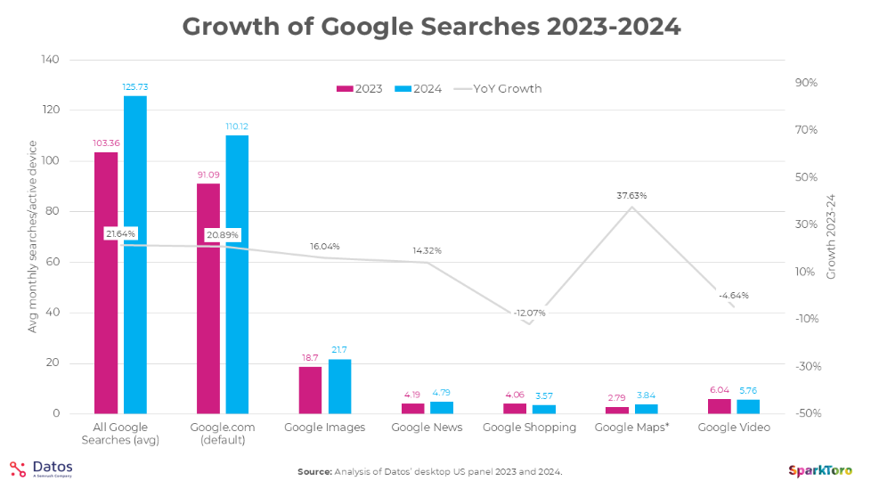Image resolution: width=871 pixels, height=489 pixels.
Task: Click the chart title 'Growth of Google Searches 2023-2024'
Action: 431,27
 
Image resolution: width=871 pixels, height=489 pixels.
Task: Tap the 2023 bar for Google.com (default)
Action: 208,298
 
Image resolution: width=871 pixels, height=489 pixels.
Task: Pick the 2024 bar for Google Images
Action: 339,387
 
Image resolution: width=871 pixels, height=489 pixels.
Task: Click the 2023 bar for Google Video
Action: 719,406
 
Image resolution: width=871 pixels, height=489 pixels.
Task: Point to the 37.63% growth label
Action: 631,195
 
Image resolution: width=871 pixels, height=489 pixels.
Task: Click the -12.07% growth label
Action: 529,313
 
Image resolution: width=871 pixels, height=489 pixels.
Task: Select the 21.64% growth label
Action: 120,234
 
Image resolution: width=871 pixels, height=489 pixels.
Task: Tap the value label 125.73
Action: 134,86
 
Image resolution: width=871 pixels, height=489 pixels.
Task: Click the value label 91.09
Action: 208,175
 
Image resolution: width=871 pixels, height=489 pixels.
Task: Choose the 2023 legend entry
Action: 360,88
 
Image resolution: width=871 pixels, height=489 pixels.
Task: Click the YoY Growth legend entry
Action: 498,88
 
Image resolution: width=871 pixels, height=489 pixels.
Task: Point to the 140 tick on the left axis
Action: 50,60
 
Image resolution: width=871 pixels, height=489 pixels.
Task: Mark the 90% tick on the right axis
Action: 806,83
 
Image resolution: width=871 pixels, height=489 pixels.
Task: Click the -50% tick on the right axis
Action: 806,413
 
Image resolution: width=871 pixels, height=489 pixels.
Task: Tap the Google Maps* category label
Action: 631,428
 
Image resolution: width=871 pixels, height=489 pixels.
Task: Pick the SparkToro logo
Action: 820,469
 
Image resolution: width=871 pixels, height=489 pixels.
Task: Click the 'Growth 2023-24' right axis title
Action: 832,237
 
